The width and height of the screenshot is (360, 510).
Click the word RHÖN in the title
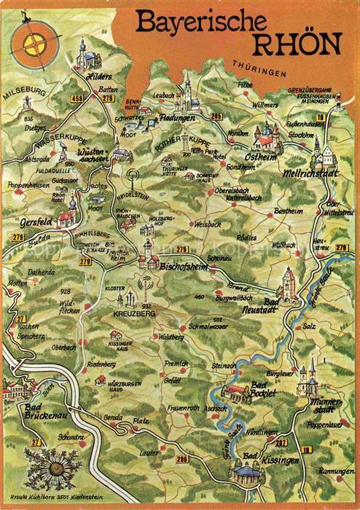[294, 44]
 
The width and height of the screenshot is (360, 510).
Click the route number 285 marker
[215, 116]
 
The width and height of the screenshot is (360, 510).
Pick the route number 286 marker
[182, 458]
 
